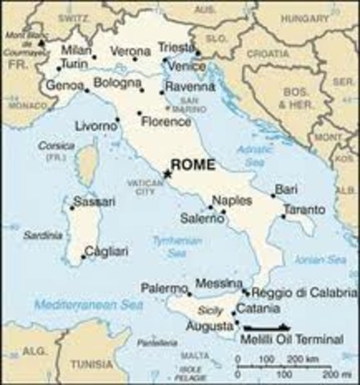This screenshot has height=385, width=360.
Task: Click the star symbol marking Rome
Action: pyautogui.click(x=168, y=172)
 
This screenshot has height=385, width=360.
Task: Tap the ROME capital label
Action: pyautogui.click(x=193, y=164)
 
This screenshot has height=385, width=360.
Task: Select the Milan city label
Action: pyautogui.click(x=75, y=50)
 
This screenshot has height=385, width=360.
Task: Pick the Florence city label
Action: pyautogui.click(x=165, y=122)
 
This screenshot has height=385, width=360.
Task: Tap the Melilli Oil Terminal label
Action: pyautogui.click(x=291, y=339)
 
